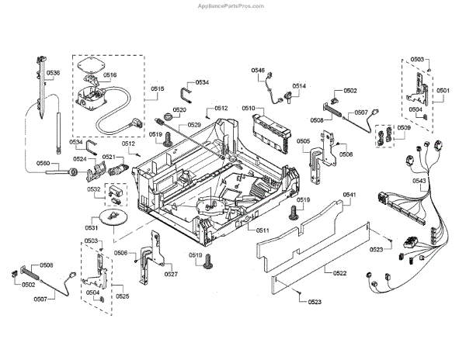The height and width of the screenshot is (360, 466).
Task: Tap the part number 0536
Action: click(53, 73)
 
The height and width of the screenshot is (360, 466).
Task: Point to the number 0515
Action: click(157, 89)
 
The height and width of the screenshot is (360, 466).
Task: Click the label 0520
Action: click(179, 111)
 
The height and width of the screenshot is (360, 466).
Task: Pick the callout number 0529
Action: click(194, 125)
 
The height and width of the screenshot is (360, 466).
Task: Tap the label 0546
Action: click(258, 71)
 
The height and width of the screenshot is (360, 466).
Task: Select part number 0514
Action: click(299, 86)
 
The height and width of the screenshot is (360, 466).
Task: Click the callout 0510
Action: click(249, 109)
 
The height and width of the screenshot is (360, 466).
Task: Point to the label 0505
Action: click(304, 141)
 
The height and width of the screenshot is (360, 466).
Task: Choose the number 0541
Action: click(349, 194)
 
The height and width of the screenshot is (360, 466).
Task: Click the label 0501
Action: click(443, 91)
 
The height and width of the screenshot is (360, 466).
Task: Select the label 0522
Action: click(339, 273)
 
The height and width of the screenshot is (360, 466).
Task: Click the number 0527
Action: click(171, 274)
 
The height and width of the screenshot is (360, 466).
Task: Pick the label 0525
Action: click(122, 296)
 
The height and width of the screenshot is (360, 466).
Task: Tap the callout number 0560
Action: click(43, 164)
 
